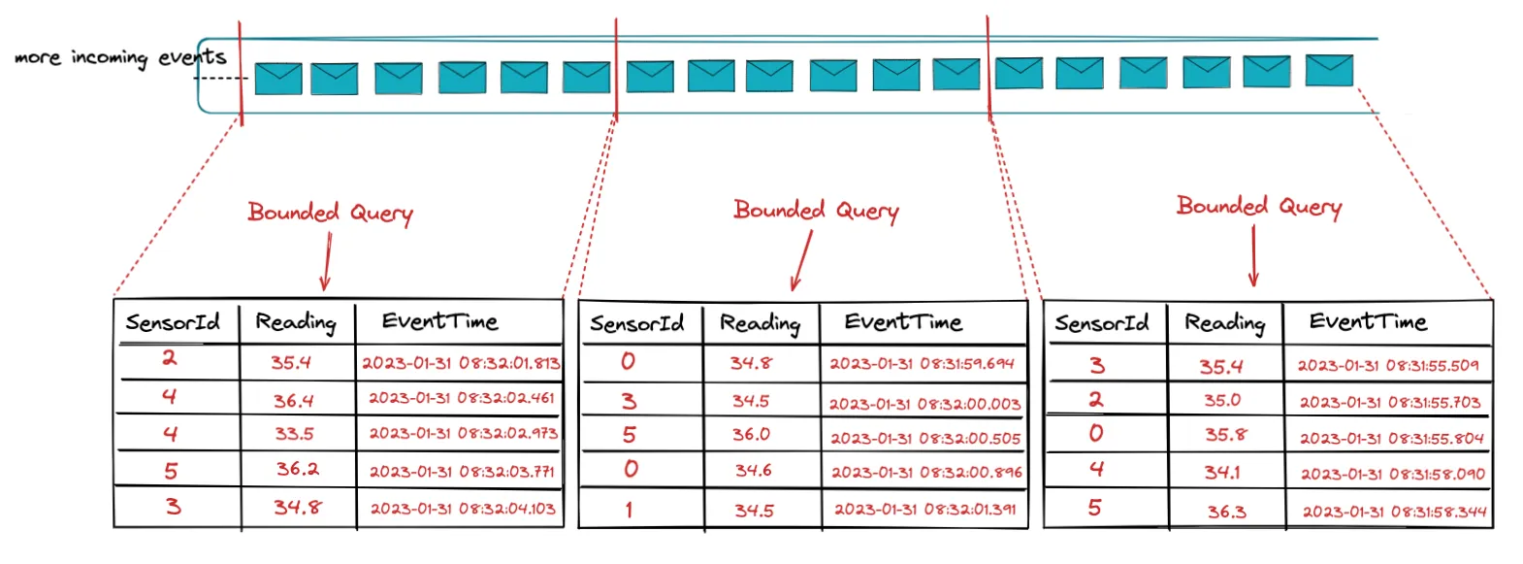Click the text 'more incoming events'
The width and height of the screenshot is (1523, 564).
pyautogui.click(x=119, y=57)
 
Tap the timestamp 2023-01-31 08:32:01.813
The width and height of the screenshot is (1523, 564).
pyautogui.click(x=461, y=363)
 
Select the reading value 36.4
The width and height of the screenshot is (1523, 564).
pyautogui.click(x=293, y=400)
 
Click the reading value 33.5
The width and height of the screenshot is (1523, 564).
pyautogui.click(x=294, y=434)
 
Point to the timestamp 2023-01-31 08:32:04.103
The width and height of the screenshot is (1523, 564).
pyautogui.click(x=463, y=508)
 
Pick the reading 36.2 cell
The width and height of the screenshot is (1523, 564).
pyautogui.click(x=297, y=469)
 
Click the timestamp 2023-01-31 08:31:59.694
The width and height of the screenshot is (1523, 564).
pyautogui.click(x=922, y=363)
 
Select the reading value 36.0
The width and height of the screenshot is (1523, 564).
pyautogui.click(x=751, y=434)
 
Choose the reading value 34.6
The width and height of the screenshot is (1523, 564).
pyautogui.click(x=753, y=471)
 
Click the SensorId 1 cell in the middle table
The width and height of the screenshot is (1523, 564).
pyautogui.click(x=629, y=509)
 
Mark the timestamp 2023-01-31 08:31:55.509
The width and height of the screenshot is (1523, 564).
pyautogui.click(x=1388, y=366)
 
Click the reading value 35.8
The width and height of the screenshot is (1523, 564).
pyautogui.click(x=1226, y=435)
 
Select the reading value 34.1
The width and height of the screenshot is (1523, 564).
pyautogui.click(x=1222, y=473)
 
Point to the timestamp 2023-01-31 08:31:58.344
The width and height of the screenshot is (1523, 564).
pyautogui.click(x=1394, y=512)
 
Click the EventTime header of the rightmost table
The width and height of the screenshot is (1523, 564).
pyautogui.click(x=1368, y=321)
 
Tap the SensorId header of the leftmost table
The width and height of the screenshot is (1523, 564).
pyautogui.click(x=173, y=322)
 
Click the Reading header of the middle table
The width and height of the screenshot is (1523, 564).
pyautogui.click(x=760, y=323)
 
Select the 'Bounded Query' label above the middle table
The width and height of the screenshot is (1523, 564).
pyautogui.click(x=816, y=210)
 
